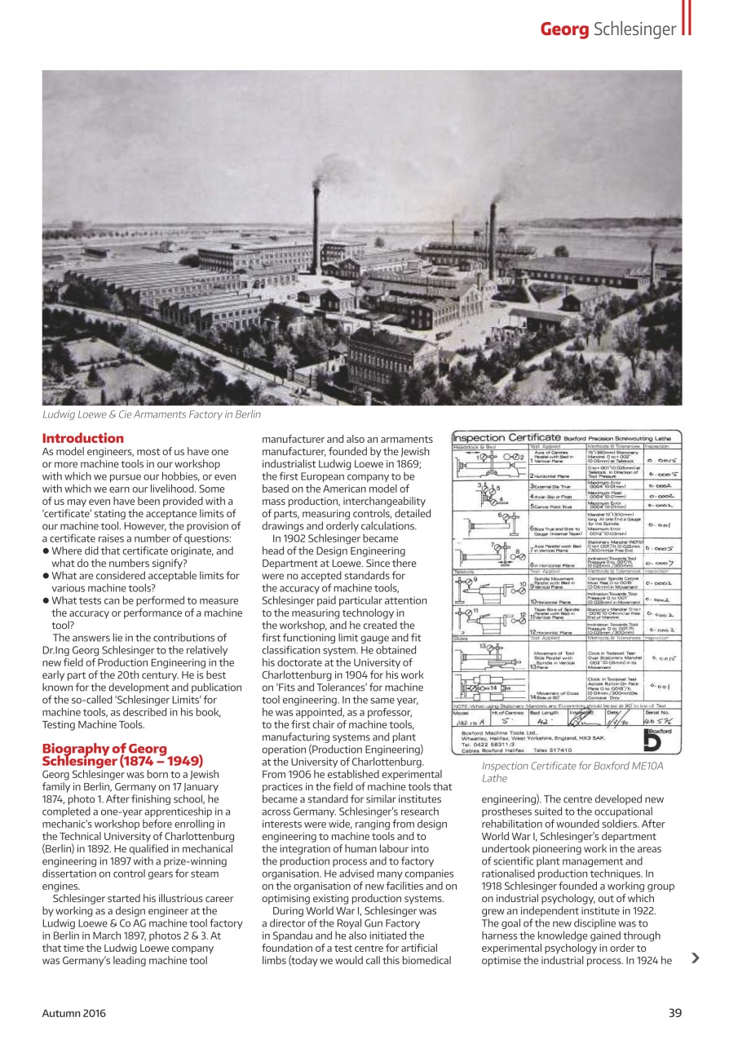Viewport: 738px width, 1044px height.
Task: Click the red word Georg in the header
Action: [x=564, y=30]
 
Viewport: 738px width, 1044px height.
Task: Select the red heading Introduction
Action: [x=83, y=439]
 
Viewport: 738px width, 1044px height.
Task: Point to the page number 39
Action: [x=674, y=1013]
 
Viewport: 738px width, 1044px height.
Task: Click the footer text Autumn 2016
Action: [x=73, y=1013]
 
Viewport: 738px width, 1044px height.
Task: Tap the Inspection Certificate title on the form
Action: [x=506, y=438]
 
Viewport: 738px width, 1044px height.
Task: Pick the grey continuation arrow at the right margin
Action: [x=695, y=958]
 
